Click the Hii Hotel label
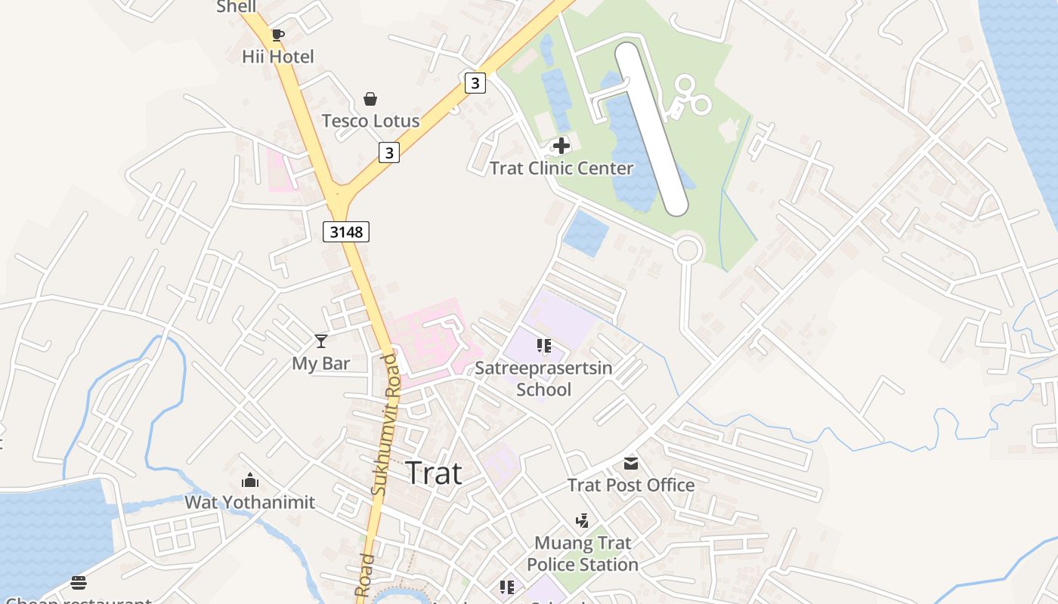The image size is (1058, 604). pos(277,57)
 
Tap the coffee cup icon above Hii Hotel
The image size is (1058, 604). pos(277,34)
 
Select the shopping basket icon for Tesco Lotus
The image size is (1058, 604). pos(370,99)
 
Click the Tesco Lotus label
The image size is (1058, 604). pos(370,121)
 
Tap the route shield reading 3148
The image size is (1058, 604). pos(346,232)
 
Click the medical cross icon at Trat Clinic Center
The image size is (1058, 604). pos(561,146)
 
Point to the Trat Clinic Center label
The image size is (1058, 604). pos(561,168)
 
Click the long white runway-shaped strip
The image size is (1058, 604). pos(651,128)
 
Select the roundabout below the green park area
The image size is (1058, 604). pos(688,249)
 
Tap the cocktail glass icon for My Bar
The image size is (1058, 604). pos(321,341)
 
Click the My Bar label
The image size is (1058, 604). pos(321,363)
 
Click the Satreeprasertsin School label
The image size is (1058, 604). pos(543,379)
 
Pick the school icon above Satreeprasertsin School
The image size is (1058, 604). pos(543,346)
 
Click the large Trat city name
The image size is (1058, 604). pos(434,473)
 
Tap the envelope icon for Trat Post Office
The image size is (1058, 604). pos(631,463)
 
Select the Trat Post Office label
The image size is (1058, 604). pos(631,485)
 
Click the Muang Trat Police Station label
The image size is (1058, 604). pos(583,553)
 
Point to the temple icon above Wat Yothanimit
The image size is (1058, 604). pos(250,480)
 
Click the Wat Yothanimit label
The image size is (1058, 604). pos(250,502)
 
